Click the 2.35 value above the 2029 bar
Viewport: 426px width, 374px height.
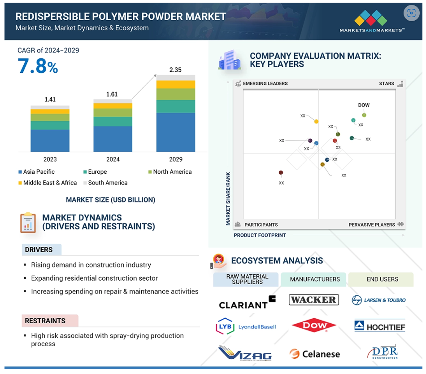pyautogui.click(x=175, y=70)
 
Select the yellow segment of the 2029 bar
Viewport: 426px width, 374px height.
pyautogui.click(x=176, y=84)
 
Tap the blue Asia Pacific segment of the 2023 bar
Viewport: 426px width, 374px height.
pyautogui.click(x=50, y=141)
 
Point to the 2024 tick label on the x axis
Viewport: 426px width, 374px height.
pyautogui.click(x=113, y=159)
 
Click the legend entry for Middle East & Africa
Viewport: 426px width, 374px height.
pyautogui.click(x=48, y=183)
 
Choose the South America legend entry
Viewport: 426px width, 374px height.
pyautogui.click(x=105, y=183)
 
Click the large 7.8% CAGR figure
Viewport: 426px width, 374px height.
pyautogui.click(x=38, y=66)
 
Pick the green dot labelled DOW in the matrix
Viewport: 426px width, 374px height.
pyautogui.click(x=364, y=115)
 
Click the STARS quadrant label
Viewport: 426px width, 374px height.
pyautogui.click(x=387, y=84)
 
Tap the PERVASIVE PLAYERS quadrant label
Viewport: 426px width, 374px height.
pyautogui.click(x=372, y=224)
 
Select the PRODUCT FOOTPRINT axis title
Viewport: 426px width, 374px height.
pyautogui.click(x=260, y=235)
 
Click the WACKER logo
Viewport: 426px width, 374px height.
pyautogui.click(x=314, y=300)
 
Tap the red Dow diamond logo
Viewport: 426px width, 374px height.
pyautogui.click(x=314, y=325)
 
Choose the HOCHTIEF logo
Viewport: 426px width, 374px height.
pyautogui.click(x=379, y=326)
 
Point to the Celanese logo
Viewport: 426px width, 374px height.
pyautogui.click(x=315, y=354)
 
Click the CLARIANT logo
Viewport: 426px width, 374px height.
pyautogui.click(x=247, y=303)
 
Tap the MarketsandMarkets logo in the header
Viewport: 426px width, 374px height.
pyautogui.click(x=372, y=21)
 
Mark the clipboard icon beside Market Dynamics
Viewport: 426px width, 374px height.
pyautogui.click(x=28, y=223)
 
